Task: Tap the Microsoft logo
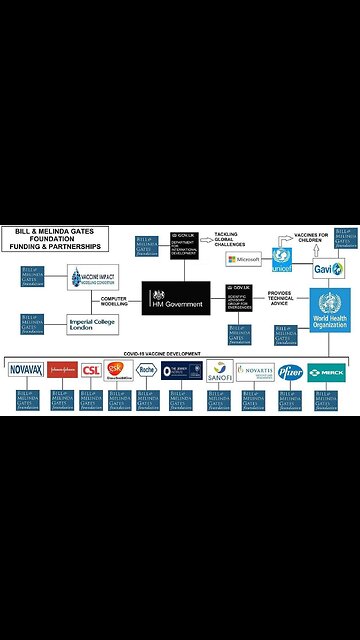[244, 260]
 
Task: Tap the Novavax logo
[24, 370]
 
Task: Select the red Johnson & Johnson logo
[61, 370]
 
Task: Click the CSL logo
[91, 370]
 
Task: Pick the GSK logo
[119, 370]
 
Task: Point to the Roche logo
[147, 370]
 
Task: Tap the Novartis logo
[255, 370]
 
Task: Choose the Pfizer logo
[291, 370]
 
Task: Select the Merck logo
[326, 370]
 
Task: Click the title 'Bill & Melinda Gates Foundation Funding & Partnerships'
[57, 213]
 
